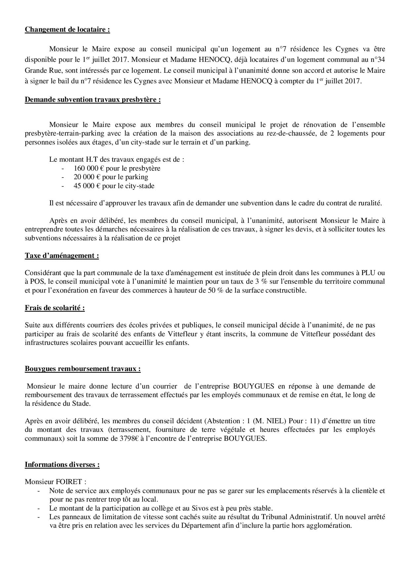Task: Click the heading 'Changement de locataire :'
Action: [x=67, y=29]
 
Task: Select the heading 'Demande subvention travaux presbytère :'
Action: [x=93, y=100]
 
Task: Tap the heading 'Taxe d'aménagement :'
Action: [x=62, y=256]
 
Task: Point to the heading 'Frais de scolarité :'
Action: [x=55, y=308]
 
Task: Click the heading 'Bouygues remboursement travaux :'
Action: [x=83, y=369]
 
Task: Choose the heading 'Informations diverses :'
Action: [x=62, y=465]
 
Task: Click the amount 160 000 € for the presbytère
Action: [x=89, y=168]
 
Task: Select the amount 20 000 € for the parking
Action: [x=87, y=177]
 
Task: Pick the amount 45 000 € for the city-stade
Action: [x=87, y=186]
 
